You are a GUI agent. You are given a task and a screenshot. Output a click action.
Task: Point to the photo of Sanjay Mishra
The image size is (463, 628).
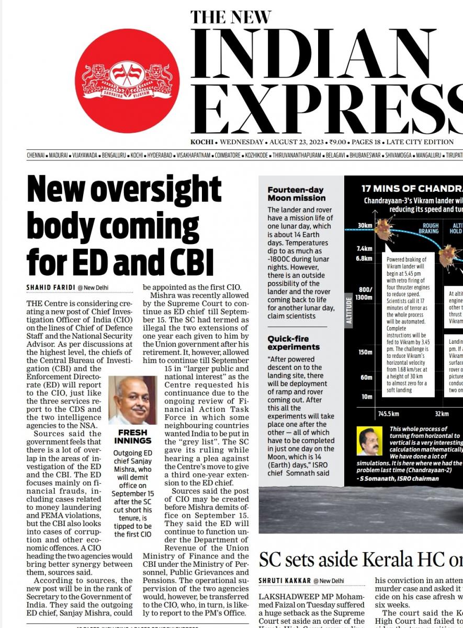[x=132, y=400]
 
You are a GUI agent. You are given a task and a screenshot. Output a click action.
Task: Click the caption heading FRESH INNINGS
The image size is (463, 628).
[x=132, y=437]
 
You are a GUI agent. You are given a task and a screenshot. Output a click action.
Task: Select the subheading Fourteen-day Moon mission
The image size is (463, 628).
[x=296, y=194]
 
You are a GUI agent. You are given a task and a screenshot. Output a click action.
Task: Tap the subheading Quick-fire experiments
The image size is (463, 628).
[x=293, y=343]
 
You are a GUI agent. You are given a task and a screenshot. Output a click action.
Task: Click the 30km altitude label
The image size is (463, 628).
[x=365, y=226]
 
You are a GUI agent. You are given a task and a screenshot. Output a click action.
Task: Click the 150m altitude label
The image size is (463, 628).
[x=365, y=353]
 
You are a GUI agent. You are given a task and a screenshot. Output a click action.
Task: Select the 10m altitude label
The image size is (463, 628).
[x=367, y=397]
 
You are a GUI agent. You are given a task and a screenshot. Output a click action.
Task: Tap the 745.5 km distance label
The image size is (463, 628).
[x=388, y=414]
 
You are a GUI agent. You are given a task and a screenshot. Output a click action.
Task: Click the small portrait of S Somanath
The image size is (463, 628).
[x=370, y=441]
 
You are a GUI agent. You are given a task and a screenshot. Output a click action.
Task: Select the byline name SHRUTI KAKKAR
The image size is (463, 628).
[x=284, y=580]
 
